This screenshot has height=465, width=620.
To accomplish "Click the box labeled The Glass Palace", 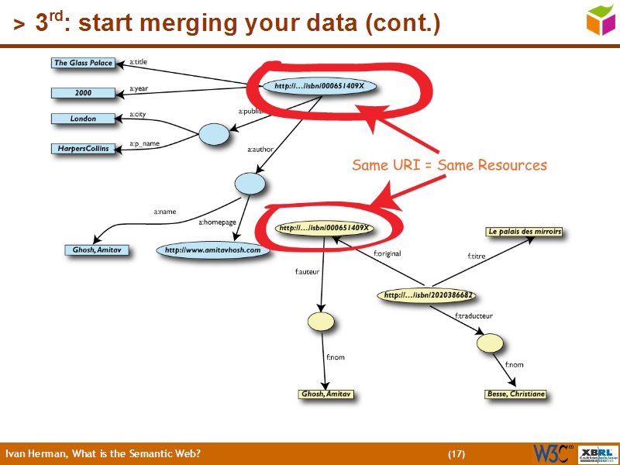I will pyautogui.click(x=83, y=63).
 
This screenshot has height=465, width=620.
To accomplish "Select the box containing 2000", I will pyautogui.click(x=83, y=93).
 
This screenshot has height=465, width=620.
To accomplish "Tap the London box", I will pyautogui.click(x=83, y=119).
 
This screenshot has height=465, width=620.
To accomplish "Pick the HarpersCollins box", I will pyautogui.click(x=83, y=148).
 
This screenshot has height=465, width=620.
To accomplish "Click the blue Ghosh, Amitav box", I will pyautogui.click(x=97, y=250).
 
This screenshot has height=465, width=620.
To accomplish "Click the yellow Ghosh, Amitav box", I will pyautogui.click(x=326, y=394).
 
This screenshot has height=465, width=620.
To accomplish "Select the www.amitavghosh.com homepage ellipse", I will pyautogui.click(x=213, y=250).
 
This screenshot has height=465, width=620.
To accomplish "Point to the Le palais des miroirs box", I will pyautogui.click(x=524, y=232).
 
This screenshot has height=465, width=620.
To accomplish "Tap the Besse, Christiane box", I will pyautogui.click(x=515, y=394).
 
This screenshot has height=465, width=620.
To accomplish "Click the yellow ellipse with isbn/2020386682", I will pyautogui.click(x=428, y=295).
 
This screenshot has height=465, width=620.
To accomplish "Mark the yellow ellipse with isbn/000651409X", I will pyautogui.click(x=324, y=229).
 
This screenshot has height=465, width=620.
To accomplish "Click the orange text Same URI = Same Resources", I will pyautogui.click(x=449, y=165).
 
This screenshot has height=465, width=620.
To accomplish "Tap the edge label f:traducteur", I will pyautogui.click(x=473, y=315).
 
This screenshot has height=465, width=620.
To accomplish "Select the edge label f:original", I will pyautogui.click(x=387, y=253).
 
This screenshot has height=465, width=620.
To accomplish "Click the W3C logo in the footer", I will pyautogui.click(x=552, y=453).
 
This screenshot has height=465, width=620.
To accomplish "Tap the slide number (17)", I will pyautogui.click(x=456, y=453).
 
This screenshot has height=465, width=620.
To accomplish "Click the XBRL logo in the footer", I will pyautogui.click(x=597, y=453).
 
